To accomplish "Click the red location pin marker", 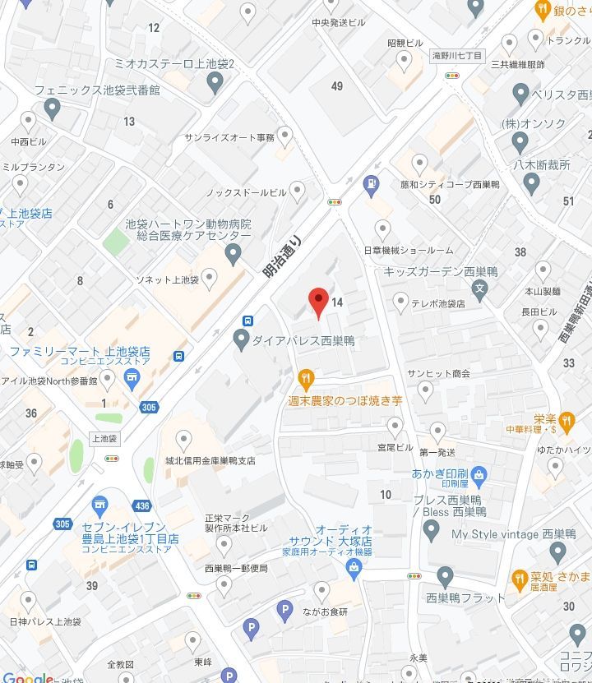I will (318, 302).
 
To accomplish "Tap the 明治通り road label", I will (283, 256).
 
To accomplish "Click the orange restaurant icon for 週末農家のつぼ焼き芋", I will (306, 379).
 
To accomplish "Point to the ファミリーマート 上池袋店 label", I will (80, 351).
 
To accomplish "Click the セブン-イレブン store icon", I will (100, 504).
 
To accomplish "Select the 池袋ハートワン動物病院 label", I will (188, 224).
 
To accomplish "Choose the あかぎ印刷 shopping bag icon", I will (479, 474).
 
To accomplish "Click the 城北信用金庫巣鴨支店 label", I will (210, 461).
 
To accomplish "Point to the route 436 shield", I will (142, 507).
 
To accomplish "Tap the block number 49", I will (337, 86).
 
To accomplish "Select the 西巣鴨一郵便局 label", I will (236, 569).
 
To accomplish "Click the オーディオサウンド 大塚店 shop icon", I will (354, 566).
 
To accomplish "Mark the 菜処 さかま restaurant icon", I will (520, 579).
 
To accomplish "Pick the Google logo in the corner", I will (27, 677).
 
